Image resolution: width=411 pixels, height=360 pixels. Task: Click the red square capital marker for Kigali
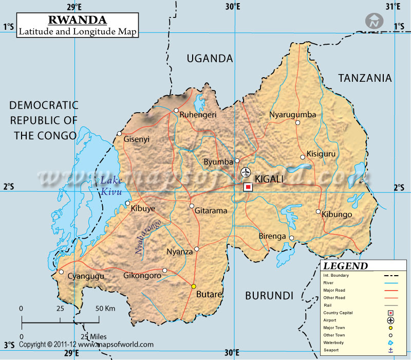pos(248,187)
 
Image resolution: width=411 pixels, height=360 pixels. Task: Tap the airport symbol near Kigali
pos(246,172)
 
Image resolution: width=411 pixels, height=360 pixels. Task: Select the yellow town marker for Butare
pos(194,286)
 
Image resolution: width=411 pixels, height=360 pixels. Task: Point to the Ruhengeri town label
pos(198,115)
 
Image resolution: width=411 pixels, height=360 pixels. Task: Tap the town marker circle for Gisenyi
pos(119,134)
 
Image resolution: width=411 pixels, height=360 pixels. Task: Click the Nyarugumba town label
pos(293,115)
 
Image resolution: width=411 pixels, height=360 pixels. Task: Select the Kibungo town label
pos(337,214)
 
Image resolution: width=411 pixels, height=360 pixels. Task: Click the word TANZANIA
pos(365,78)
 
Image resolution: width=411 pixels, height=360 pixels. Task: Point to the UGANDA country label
pos(210,59)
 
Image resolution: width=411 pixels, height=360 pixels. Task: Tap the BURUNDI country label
pos(269,296)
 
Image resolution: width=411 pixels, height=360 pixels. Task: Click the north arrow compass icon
pos(375,21)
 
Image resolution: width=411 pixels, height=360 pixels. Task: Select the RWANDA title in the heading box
pos(78,20)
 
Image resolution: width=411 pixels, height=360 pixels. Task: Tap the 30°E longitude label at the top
pos(233,6)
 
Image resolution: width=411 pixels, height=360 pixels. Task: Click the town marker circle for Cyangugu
pos(61,272)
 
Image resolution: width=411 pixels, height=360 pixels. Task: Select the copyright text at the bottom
pos(86,345)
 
